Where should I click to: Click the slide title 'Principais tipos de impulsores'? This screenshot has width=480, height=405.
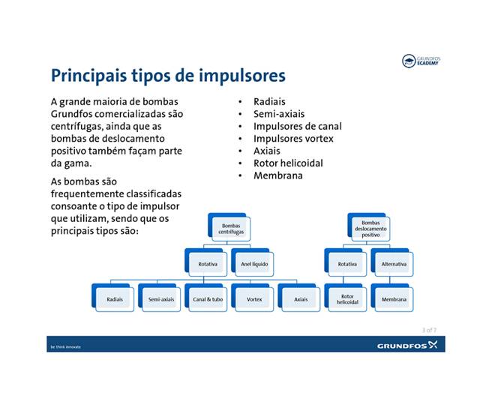click(167, 76)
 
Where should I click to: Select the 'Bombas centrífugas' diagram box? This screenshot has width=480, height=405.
click(231, 229)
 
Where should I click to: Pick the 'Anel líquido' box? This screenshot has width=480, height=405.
click(254, 264)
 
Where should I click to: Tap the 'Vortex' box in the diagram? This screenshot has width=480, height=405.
click(254, 299)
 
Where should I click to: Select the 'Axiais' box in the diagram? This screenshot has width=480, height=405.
click(300, 299)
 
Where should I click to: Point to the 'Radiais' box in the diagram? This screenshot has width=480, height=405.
click(115, 299)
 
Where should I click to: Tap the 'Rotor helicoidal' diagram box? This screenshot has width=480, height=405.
click(347, 299)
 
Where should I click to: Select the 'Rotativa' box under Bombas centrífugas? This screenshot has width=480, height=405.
click(208, 264)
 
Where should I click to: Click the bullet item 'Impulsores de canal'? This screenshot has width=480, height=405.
click(297, 127)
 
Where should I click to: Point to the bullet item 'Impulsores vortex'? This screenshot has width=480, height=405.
click(293, 139)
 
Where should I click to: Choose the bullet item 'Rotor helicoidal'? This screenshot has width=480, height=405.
click(288, 163)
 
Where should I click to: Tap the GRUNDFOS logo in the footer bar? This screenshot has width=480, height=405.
click(410, 346)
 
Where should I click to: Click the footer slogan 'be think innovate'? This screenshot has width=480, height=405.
click(66, 347)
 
